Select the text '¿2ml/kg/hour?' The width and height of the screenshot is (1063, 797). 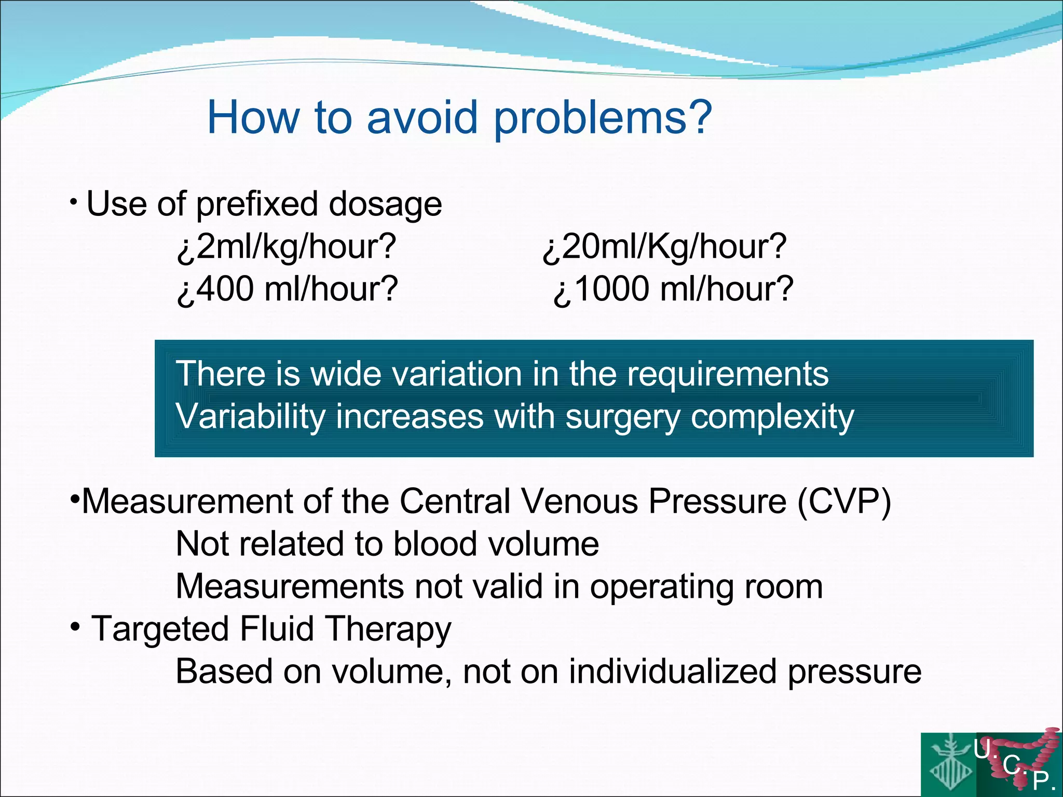[287, 246]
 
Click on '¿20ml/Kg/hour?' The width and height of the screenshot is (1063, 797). [664, 246]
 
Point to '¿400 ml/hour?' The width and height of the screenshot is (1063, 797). [287, 289]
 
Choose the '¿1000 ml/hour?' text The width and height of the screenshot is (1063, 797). [673, 289]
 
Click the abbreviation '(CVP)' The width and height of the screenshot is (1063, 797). [844, 502]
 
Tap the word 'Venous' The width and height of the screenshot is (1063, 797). [579, 502]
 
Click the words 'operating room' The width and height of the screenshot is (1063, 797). [706, 587]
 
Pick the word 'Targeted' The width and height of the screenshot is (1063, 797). [160, 629]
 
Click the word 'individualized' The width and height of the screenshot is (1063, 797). [673, 672]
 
